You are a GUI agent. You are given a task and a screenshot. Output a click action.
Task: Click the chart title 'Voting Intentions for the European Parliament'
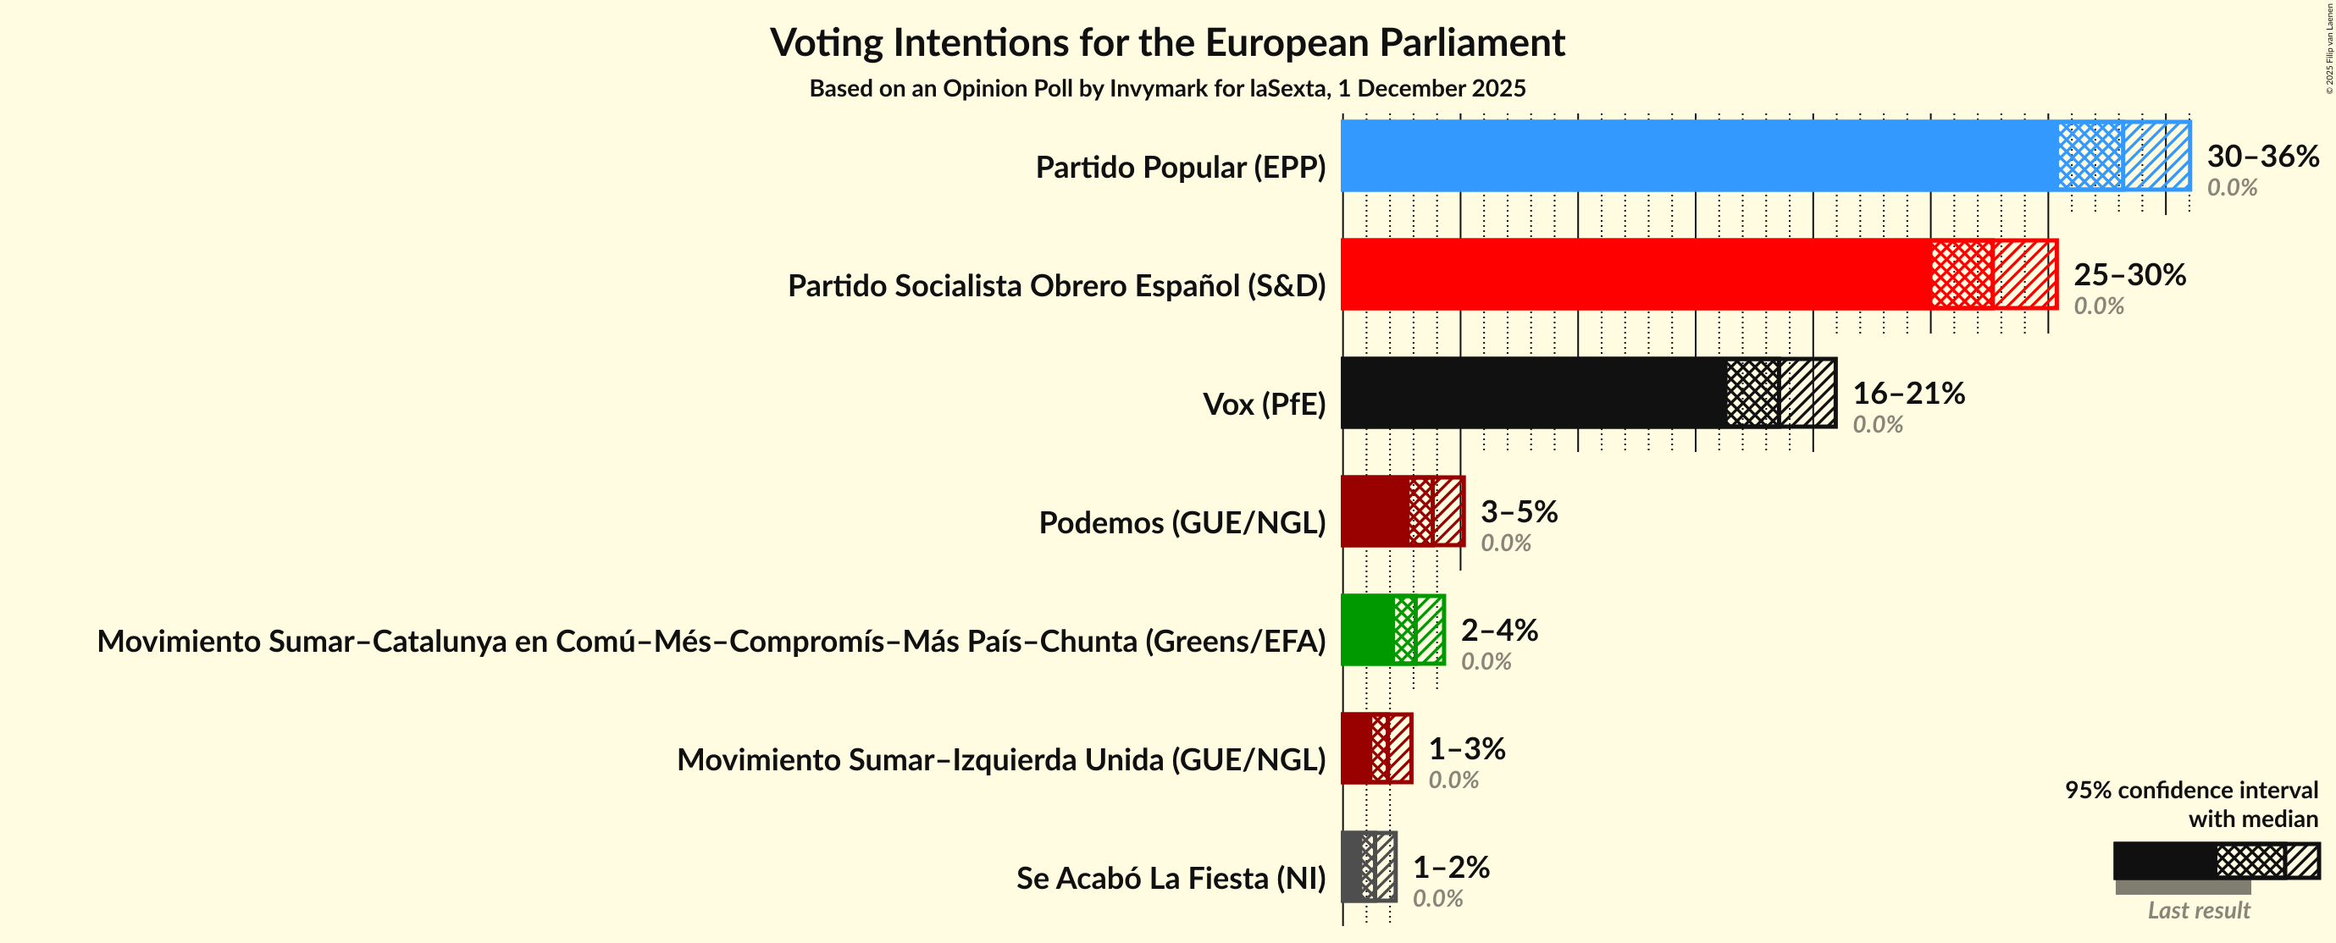point(1167,42)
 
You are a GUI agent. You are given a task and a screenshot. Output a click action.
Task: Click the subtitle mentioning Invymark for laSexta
point(1167,89)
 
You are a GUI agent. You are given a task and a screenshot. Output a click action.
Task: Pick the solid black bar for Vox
point(1532,393)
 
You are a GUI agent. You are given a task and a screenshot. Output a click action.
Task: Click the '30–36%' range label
point(2261,156)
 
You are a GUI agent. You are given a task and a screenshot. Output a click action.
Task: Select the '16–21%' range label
point(1908,393)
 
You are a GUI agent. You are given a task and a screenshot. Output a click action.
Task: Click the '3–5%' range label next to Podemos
point(1519,511)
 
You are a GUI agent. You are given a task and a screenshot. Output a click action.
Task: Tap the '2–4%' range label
point(1499,630)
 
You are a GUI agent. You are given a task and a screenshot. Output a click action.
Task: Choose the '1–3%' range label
point(1466,748)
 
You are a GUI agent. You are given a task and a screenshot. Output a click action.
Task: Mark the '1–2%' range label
point(1451,867)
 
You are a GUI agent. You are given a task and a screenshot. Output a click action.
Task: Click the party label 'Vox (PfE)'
point(1263,405)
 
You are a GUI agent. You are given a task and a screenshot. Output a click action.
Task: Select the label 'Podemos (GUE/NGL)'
point(1182,523)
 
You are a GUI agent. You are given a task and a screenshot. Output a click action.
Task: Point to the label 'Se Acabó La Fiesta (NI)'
point(1170,879)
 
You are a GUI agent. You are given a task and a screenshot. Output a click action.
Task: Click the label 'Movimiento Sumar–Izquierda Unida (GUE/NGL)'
point(1001,760)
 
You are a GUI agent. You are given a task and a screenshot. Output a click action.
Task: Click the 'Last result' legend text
point(2198,910)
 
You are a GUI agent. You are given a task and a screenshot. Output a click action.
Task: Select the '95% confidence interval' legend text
point(2191,791)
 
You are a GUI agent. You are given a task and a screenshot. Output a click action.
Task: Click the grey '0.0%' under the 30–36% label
point(2232,188)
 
